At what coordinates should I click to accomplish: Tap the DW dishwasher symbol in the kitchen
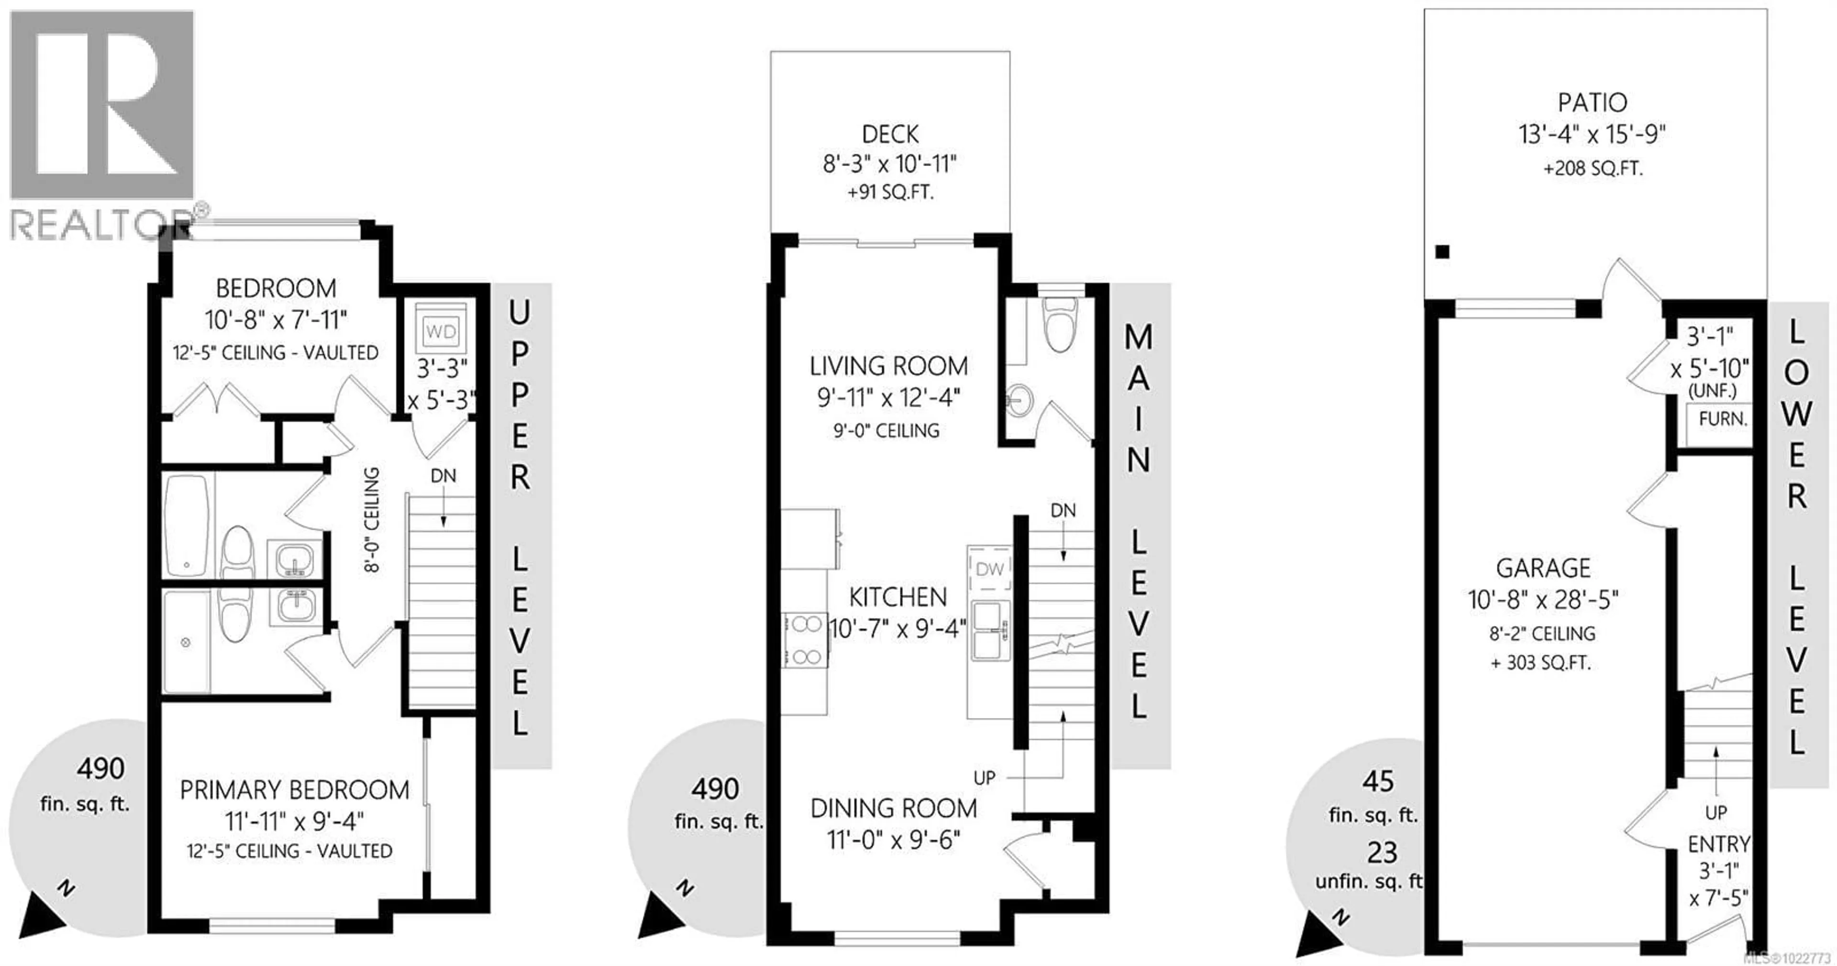coord(989,569)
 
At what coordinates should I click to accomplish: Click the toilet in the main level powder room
coord(1060,325)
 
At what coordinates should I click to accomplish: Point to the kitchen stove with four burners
coord(806,640)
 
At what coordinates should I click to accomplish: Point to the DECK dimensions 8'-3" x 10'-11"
coord(889,165)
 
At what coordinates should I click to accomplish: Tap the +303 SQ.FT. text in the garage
coord(1541,663)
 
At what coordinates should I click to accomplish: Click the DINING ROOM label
coord(894,809)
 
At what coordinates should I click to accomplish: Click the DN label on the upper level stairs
coord(443,476)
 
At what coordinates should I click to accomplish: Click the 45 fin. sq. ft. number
coord(1377,782)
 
